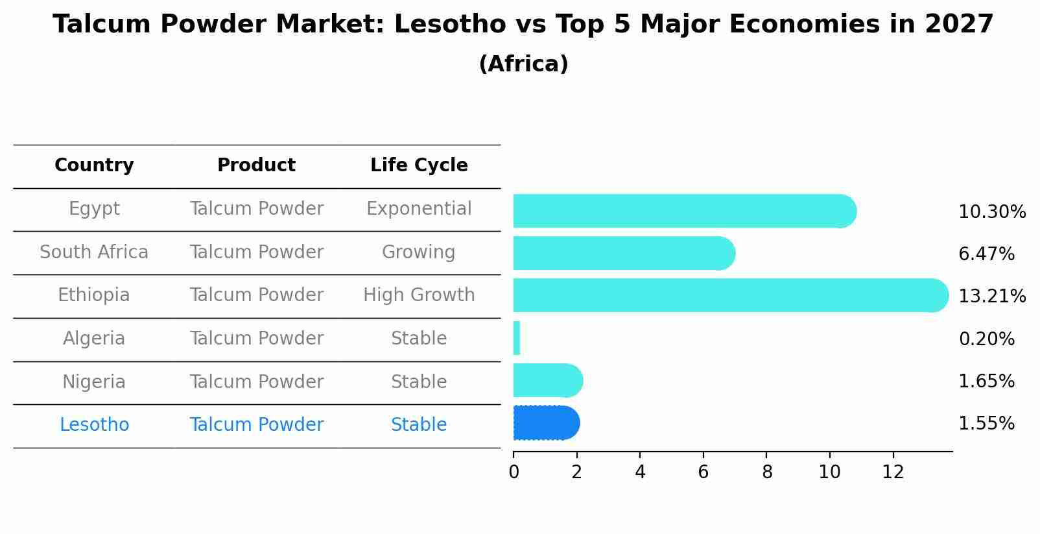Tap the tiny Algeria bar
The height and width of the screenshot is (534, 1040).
(517, 338)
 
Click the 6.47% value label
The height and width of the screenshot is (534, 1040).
(986, 254)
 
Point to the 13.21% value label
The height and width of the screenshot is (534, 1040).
(991, 297)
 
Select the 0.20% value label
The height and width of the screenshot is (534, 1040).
(986, 339)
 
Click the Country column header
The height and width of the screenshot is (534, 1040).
(94, 165)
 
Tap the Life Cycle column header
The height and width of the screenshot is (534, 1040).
(419, 165)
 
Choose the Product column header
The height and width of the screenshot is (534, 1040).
(256, 165)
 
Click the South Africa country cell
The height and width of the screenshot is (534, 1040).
(94, 252)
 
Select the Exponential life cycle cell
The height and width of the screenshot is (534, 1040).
(419, 209)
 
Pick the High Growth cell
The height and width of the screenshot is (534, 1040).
(419, 295)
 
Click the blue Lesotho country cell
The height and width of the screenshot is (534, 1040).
(94, 425)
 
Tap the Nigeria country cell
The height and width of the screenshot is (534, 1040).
(94, 382)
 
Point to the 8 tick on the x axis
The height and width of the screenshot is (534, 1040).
(767, 472)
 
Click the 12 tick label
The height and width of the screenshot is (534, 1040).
(893, 472)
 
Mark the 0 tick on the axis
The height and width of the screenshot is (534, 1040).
(514, 472)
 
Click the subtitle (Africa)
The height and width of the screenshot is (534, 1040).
(523, 64)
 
